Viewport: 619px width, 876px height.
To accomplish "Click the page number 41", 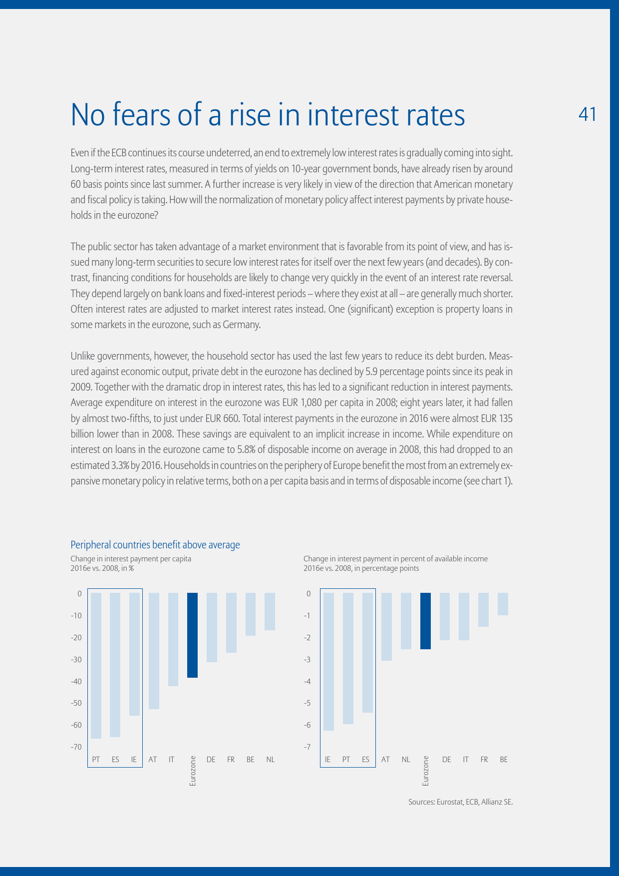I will pos(587,114).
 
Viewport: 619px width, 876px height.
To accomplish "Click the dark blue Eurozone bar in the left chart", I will pos(192,635).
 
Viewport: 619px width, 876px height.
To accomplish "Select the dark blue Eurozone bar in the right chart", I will pos(425,621).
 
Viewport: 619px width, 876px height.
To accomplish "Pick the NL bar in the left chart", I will pos(270,611).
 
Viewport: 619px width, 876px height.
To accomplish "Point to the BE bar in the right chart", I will pos(503,604).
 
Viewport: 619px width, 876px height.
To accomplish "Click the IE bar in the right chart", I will pos(328,662).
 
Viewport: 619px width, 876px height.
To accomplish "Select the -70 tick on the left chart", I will pos(76,747).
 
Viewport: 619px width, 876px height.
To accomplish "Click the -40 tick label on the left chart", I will pos(76,682).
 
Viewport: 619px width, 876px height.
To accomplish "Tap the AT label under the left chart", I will pos(153,760).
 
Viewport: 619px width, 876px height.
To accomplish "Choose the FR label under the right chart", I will pos(484,760).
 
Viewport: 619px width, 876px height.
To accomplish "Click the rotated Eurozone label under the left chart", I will pos(193,772).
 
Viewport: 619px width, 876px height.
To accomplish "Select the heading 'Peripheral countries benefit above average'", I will pos(155,545).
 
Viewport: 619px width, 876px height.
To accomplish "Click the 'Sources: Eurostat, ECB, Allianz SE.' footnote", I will pos(460,803).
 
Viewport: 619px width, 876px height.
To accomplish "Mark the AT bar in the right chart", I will pos(386,627).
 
